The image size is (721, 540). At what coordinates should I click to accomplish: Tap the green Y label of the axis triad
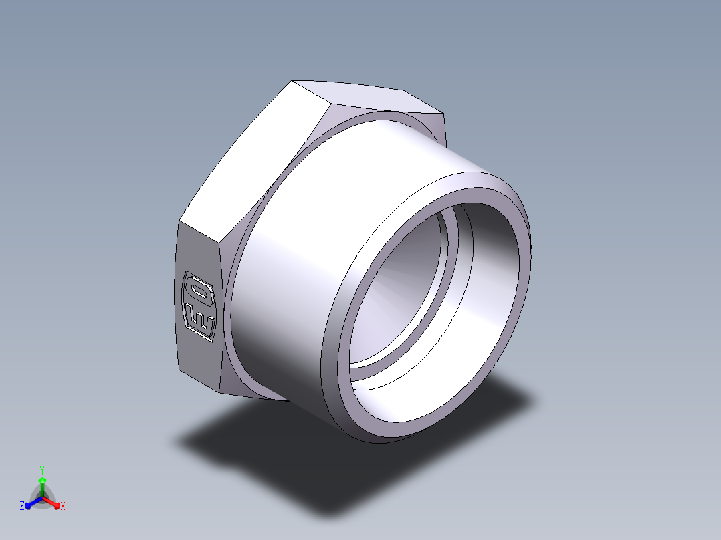pos(42,470)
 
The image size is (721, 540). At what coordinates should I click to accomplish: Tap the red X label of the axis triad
pos(63,506)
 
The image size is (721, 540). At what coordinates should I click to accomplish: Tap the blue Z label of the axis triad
pos(22,506)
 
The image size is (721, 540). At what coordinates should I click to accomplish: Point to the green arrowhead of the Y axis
pos(42,480)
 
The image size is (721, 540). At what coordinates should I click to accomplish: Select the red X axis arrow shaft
pos(50,501)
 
